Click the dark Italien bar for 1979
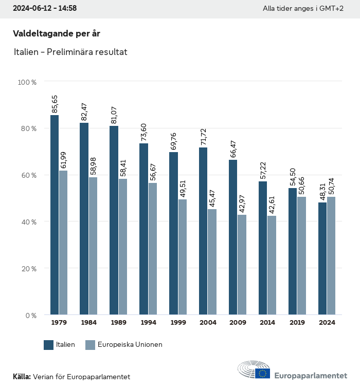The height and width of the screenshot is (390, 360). click(55, 215)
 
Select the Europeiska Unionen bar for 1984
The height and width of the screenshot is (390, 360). click(93, 246)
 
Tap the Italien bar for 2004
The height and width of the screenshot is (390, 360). click(203, 231)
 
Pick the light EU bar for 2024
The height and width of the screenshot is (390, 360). click(331, 255)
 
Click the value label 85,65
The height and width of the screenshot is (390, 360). click(55, 104)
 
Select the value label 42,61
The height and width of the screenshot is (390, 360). click(272, 205)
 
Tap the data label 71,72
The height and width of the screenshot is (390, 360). click(203, 136)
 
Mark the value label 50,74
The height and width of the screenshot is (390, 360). click(331, 185)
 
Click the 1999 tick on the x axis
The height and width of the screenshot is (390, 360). click(178, 323)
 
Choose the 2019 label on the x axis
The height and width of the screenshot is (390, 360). click(297, 323)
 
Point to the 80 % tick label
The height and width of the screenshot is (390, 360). click(27, 128)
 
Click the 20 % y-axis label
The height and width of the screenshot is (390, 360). click(27, 268)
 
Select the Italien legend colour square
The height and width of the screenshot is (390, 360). click(49, 345)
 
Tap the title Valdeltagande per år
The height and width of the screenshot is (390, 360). click(56, 33)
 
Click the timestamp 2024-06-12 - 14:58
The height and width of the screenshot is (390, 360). click(45, 8)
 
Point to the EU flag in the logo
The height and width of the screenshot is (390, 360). click(263, 373)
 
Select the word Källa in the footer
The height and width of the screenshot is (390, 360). click(22, 377)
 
